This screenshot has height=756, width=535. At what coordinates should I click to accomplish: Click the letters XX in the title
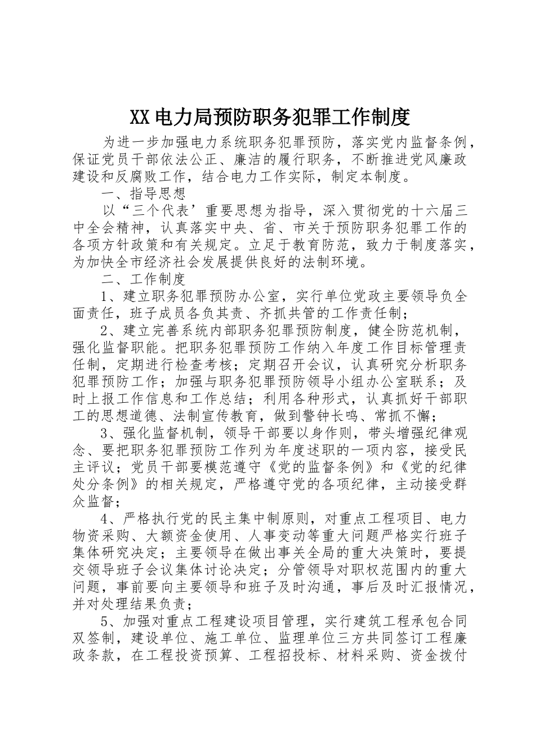pos(139,116)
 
